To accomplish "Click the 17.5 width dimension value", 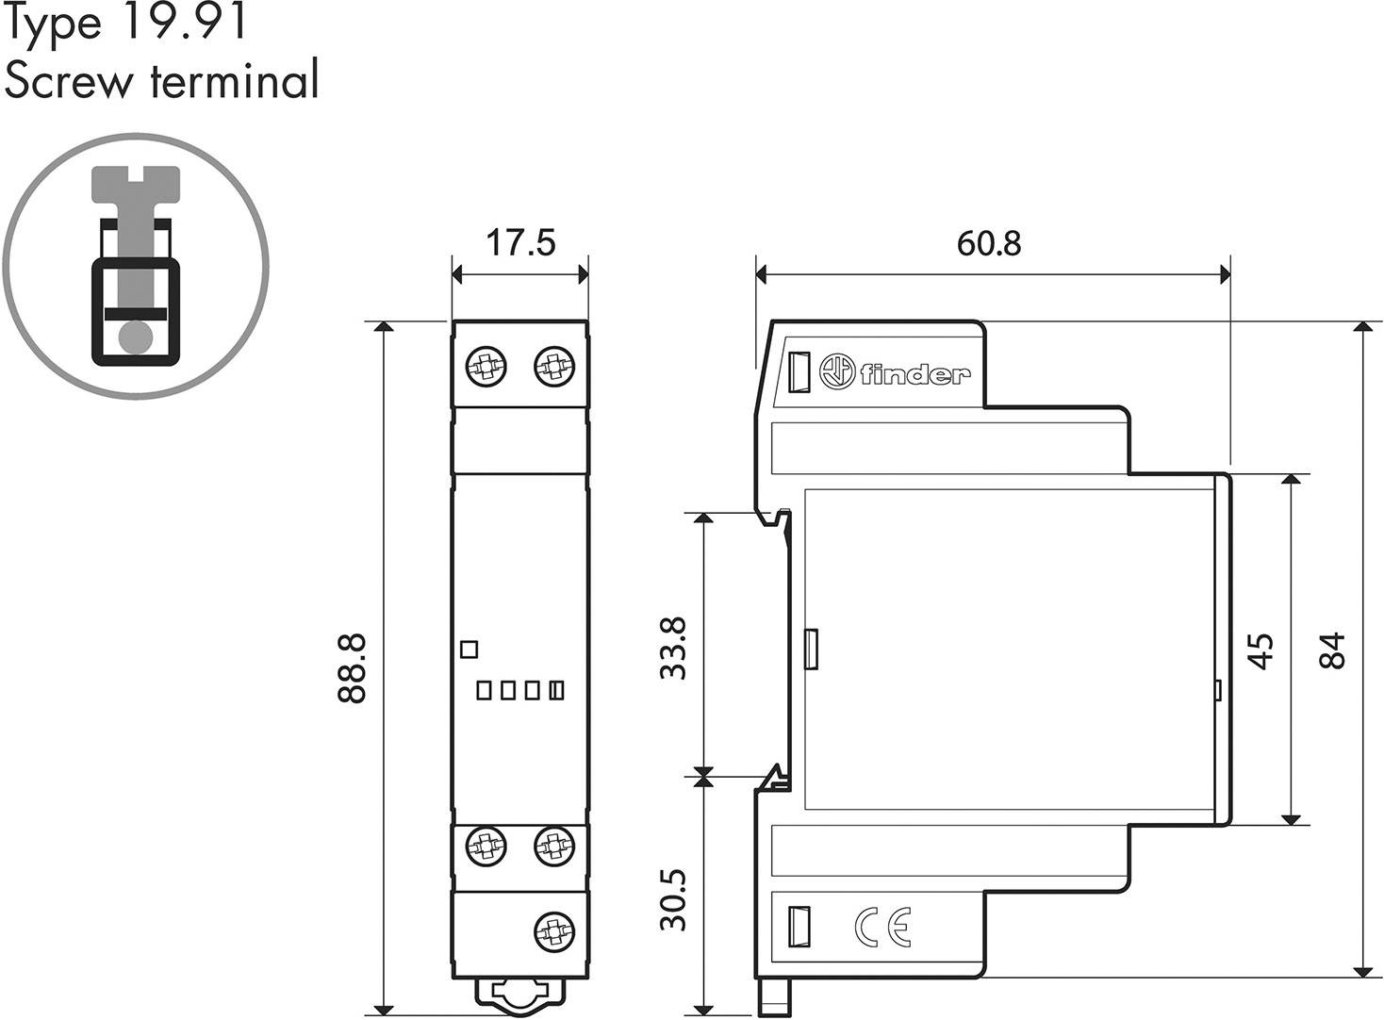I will [x=520, y=242].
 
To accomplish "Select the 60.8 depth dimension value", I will [x=989, y=243].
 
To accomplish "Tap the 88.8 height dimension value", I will [x=352, y=667].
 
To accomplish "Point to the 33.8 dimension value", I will [x=674, y=648].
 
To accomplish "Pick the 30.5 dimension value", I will [x=674, y=900].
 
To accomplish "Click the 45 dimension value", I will [x=1260, y=650].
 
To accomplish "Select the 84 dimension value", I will [x=1332, y=650].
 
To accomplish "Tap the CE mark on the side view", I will [x=882, y=928].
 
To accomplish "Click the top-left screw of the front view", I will [x=486, y=366].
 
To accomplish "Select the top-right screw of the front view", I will [x=553, y=366].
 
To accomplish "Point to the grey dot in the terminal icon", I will [x=135, y=335].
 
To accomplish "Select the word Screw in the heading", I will [x=69, y=81].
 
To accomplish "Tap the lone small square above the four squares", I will [x=469, y=649].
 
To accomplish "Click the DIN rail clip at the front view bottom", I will [x=519, y=995].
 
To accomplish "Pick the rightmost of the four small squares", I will [x=556, y=691].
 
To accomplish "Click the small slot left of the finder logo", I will [x=799, y=371].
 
